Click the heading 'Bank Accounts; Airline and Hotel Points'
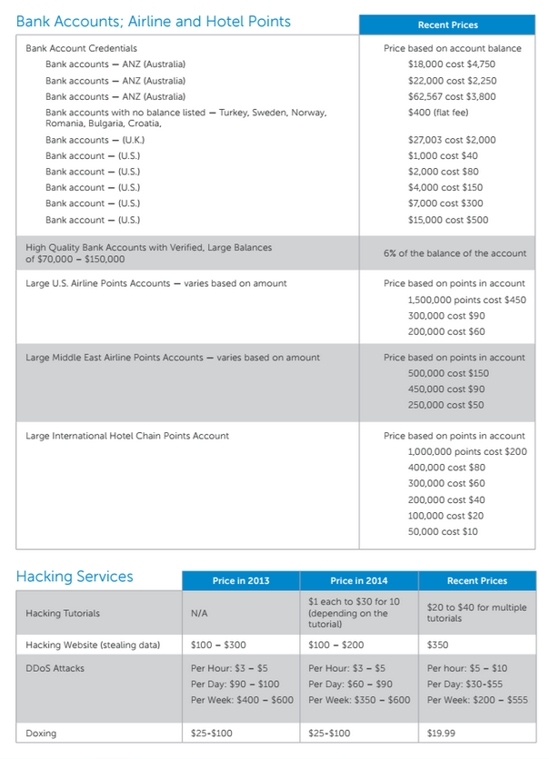pyautogui.click(x=154, y=21)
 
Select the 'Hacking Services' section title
pyautogui.click(x=75, y=577)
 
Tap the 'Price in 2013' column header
pyautogui.click(x=241, y=581)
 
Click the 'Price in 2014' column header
pyautogui.click(x=359, y=581)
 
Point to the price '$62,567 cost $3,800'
pyautogui.click(x=452, y=96)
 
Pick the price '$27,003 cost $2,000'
pyautogui.click(x=452, y=140)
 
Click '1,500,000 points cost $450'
pyautogui.click(x=466, y=300)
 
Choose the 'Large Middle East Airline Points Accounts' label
pyautogui.click(x=173, y=358)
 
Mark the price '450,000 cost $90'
pyautogui.click(x=446, y=389)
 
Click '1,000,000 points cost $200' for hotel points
pyautogui.click(x=467, y=451)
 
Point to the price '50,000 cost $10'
pyautogui.click(x=443, y=531)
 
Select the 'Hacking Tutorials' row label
pyautogui.click(x=64, y=614)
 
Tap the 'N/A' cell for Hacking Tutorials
pyautogui.click(x=200, y=614)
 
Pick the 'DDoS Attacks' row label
pyautogui.click(x=55, y=668)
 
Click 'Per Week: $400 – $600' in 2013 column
pyautogui.click(x=242, y=700)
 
